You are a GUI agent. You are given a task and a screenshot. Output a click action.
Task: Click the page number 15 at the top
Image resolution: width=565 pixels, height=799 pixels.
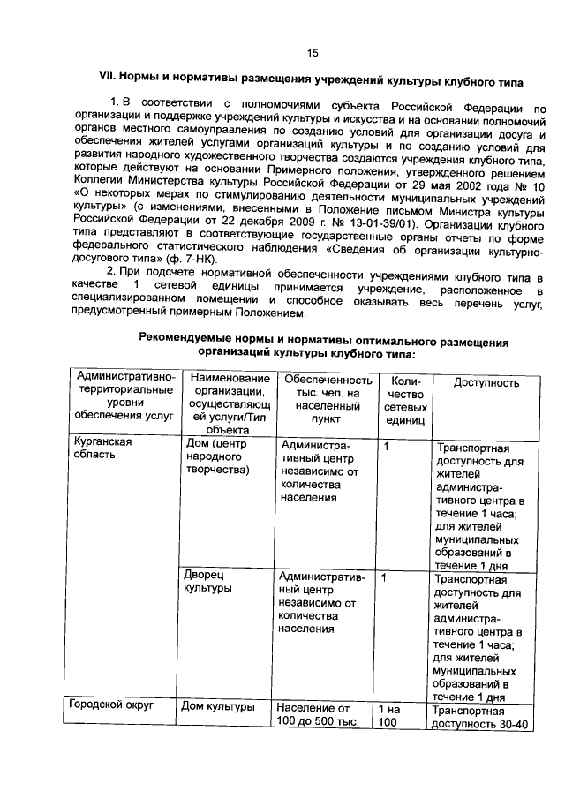[x=312, y=52]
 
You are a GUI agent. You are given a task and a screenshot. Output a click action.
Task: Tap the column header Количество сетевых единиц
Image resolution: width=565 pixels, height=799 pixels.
[x=405, y=401]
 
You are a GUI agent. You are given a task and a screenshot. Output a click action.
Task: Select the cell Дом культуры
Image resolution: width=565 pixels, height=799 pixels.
[x=218, y=706]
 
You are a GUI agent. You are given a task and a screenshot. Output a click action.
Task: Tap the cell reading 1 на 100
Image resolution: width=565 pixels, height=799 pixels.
[x=389, y=715]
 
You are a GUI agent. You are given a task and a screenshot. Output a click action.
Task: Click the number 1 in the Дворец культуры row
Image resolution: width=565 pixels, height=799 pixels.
[x=385, y=577]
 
